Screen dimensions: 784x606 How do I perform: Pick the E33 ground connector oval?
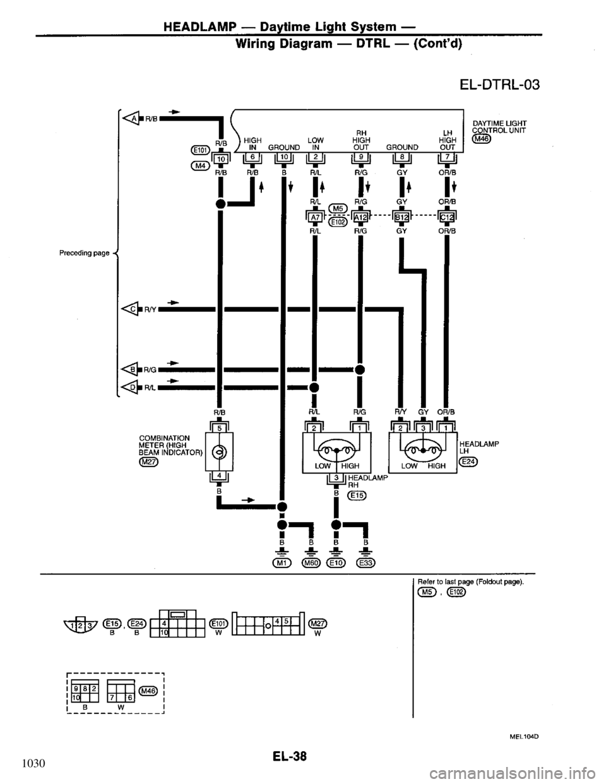tap(365, 563)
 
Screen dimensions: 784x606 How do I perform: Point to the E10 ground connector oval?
tap(338, 563)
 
